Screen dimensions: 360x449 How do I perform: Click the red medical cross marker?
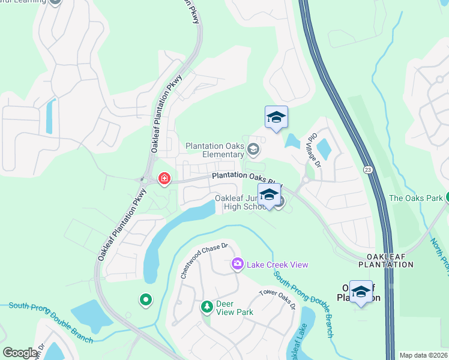pyautogui.click(x=163, y=178)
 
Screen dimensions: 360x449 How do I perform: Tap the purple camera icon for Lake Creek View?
pyautogui.click(x=238, y=264)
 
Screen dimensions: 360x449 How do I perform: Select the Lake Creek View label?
pyautogui.click(x=277, y=265)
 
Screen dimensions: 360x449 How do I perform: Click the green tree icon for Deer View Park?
pyautogui.click(x=206, y=307)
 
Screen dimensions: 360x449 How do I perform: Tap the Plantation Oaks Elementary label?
pyautogui.click(x=215, y=149)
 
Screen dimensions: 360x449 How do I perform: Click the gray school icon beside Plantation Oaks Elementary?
pyautogui.click(x=253, y=149)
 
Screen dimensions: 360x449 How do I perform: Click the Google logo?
pyautogui.click(x=20, y=353)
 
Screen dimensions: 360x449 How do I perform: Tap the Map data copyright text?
pyautogui.click(x=423, y=355)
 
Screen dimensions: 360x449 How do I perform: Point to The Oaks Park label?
pyautogui.click(x=415, y=198)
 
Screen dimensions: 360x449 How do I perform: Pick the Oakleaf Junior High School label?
pyautogui.click(x=240, y=203)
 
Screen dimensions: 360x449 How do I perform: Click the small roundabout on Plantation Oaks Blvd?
pyautogui.click(x=306, y=179)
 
